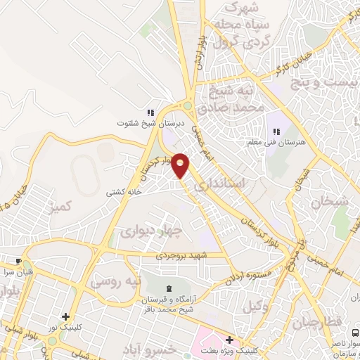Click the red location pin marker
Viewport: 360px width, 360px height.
(x=181, y=165)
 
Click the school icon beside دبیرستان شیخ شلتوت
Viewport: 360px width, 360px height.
(x=150, y=112)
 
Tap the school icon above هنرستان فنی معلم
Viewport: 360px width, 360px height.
(x=276, y=131)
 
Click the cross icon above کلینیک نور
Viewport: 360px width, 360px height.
(x=65, y=316)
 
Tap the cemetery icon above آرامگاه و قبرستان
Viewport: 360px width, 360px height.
(x=168, y=288)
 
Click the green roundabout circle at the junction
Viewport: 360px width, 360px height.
(x=188, y=106)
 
